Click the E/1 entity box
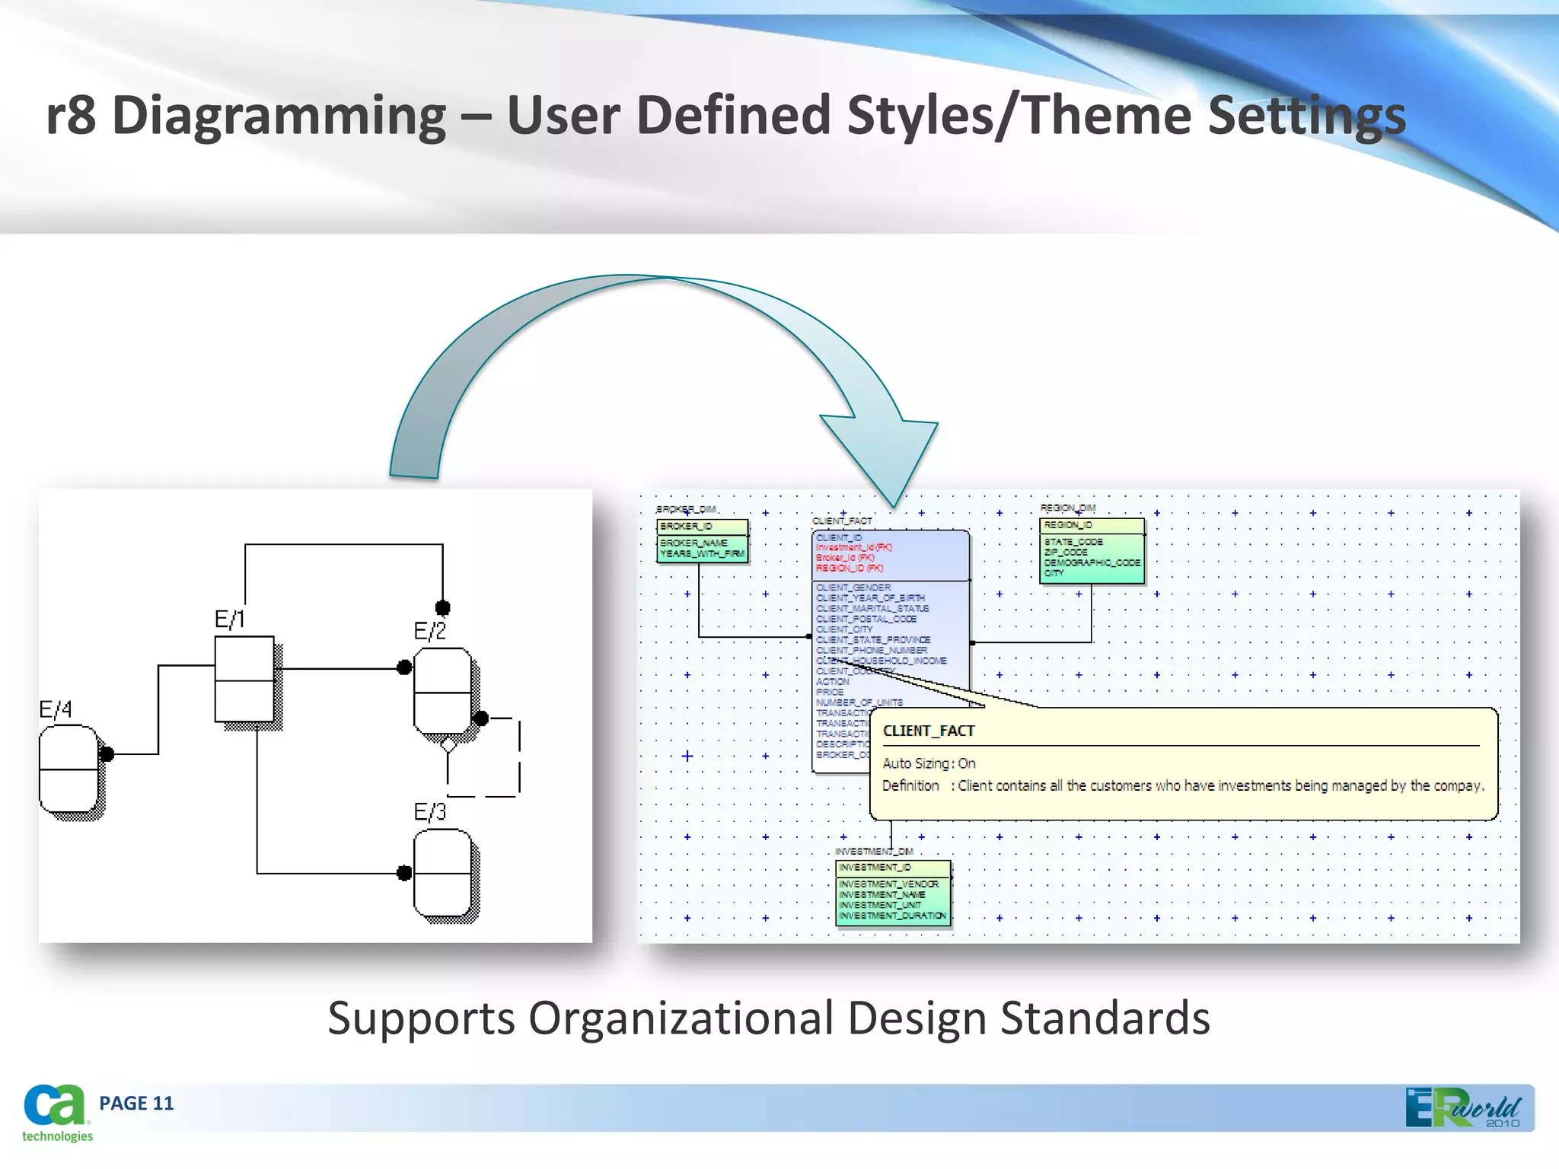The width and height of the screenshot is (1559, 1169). click(244, 679)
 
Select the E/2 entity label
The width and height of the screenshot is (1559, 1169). click(429, 631)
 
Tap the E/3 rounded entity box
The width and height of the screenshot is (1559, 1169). click(442, 873)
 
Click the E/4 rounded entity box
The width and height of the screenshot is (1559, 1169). click(69, 769)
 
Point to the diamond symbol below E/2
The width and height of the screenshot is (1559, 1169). click(448, 744)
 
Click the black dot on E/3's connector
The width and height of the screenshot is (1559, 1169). click(404, 873)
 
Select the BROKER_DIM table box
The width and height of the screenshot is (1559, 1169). click(702, 540)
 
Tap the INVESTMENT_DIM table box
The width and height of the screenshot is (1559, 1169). click(893, 893)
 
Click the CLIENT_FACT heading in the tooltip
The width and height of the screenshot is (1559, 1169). click(928, 731)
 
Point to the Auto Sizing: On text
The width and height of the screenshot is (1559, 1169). click(928, 763)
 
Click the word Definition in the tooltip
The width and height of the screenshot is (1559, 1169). click(910, 785)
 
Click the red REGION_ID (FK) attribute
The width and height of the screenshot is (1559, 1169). click(850, 568)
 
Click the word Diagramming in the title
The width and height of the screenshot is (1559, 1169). click(279, 116)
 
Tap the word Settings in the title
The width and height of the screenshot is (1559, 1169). click(1306, 116)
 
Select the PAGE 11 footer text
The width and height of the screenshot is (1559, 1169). click(136, 1104)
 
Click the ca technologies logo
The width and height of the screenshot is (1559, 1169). click(56, 1113)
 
